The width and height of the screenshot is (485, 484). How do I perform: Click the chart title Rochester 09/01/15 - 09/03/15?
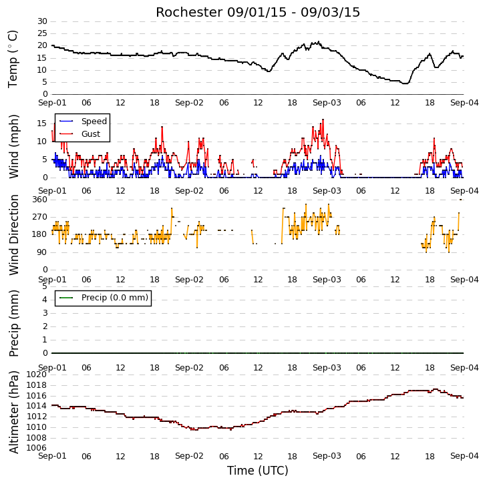(x=258, y=13)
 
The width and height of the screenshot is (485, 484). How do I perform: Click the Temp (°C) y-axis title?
(x=13, y=59)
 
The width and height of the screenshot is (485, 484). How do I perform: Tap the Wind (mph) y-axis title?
(x=13, y=146)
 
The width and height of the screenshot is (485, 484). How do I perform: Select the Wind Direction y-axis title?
(x=13, y=235)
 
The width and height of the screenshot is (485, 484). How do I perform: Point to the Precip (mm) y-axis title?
(x=13, y=323)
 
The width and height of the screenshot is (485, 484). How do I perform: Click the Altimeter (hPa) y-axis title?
(x=13, y=412)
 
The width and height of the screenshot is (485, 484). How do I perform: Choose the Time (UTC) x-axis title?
(x=258, y=471)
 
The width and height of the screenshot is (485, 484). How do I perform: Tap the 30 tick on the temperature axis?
(x=42, y=21)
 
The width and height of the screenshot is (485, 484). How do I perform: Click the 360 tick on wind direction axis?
(x=40, y=200)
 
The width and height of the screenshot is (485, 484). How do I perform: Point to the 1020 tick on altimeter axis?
(x=37, y=375)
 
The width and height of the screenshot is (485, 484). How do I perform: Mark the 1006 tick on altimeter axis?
(x=37, y=447)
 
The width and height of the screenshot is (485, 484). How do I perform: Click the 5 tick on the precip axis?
(x=45, y=286)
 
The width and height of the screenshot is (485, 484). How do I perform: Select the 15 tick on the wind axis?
(x=42, y=124)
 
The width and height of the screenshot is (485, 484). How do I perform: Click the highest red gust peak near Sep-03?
(x=323, y=119)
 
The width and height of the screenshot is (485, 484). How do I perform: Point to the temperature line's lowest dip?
(x=406, y=83)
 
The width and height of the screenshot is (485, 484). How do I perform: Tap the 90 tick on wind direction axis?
(x=42, y=252)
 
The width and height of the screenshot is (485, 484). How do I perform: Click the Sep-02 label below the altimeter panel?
(x=189, y=456)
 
